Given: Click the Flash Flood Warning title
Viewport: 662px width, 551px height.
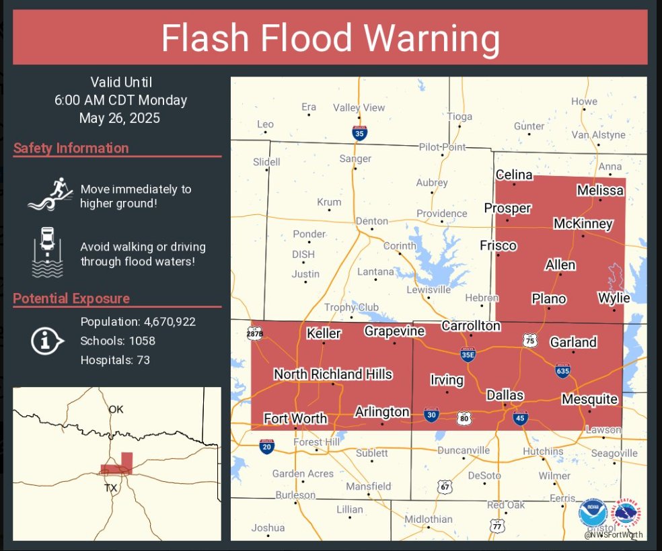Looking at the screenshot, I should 330,39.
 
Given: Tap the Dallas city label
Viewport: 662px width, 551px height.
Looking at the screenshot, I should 505,395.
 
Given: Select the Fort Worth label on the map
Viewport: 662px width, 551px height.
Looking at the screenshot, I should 295,418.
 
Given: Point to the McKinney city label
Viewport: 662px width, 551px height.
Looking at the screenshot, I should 583,224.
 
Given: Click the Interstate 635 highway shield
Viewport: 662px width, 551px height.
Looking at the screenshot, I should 564,370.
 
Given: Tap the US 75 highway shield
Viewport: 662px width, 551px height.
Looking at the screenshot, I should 530,341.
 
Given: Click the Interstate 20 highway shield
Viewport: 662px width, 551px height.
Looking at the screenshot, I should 266,447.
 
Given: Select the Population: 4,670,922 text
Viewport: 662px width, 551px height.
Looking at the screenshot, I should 138,321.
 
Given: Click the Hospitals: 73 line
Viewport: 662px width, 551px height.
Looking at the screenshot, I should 115,360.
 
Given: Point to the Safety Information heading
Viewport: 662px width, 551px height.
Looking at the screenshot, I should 71,148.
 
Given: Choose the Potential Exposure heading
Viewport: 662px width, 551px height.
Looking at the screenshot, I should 71,298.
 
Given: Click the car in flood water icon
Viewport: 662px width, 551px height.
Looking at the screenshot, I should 48,252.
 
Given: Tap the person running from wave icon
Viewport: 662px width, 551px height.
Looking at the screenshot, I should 50,194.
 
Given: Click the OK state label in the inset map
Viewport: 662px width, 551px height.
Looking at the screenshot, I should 116,409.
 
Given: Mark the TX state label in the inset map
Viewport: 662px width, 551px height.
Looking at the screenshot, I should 110,487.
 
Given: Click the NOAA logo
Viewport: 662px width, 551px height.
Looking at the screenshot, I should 592,513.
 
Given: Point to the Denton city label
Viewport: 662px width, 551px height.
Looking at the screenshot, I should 372,221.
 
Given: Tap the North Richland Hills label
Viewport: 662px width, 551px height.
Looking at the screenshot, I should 333,374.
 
